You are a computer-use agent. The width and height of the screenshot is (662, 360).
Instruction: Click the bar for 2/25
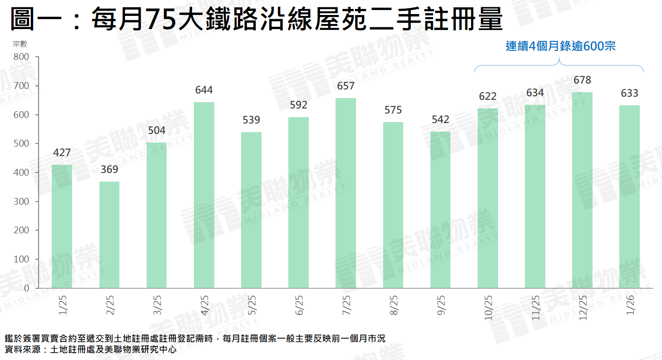pos(109,235)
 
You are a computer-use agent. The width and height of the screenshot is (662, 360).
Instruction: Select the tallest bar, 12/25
pos(582,190)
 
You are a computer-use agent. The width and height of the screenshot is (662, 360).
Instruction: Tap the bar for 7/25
pos(346,193)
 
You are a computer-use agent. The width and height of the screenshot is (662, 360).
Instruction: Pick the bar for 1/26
pos(629,197)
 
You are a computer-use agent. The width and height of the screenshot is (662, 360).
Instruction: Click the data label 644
pos(204,90)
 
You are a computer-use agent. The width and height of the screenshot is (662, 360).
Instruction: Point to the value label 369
pos(109,169)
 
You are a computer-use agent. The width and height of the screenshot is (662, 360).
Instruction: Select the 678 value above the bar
pos(582,80)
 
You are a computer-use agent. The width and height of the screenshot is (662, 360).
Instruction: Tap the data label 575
pos(393,110)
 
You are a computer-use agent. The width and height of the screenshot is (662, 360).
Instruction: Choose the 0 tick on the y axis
pos(26,288)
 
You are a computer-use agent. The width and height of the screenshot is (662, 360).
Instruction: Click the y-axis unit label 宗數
pos(20,44)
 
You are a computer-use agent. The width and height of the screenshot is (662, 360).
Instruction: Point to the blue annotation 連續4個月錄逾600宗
pos(560,46)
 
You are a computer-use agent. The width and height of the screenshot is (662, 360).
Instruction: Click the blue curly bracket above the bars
pos(559,66)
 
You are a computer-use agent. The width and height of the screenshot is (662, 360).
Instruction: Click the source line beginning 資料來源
pos(90,350)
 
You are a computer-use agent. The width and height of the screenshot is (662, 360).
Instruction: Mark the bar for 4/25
pos(204,195)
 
